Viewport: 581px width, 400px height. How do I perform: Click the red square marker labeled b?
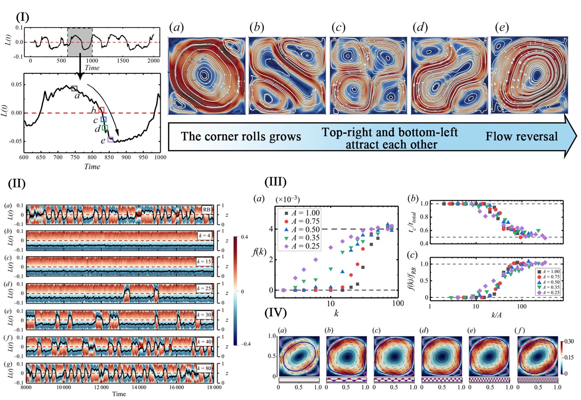point(102,110)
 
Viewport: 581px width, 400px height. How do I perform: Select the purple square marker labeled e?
point(111,140)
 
